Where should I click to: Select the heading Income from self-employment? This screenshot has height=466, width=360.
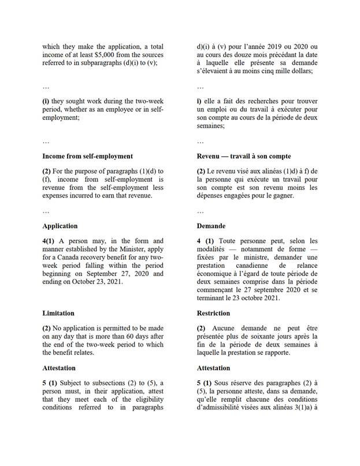click(x=87, y=156)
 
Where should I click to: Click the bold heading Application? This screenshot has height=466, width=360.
click(x=60, y=226)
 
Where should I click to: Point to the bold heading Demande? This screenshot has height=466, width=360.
click(x=211, y=226)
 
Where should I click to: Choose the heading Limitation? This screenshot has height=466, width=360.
click(x=58, y=313)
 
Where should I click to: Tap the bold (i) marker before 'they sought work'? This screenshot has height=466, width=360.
click(x=45, y=101)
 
